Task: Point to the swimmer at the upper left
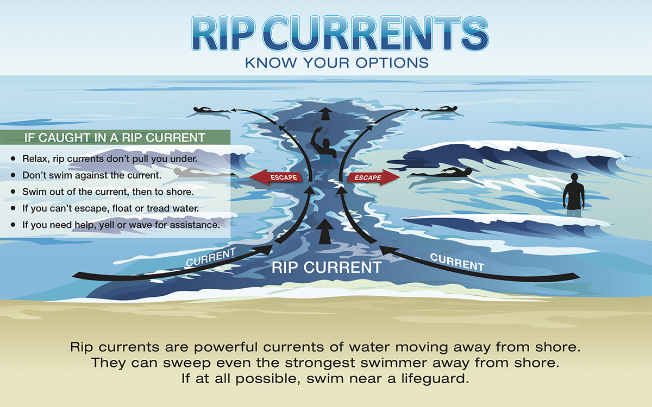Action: [209, 111]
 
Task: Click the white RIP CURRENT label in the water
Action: [327, 267]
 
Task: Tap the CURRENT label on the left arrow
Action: [211, 257]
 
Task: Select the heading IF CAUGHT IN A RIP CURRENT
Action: [115, 137]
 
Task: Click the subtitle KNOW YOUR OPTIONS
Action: [337, 62]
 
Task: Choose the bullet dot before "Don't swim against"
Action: [12, 175]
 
